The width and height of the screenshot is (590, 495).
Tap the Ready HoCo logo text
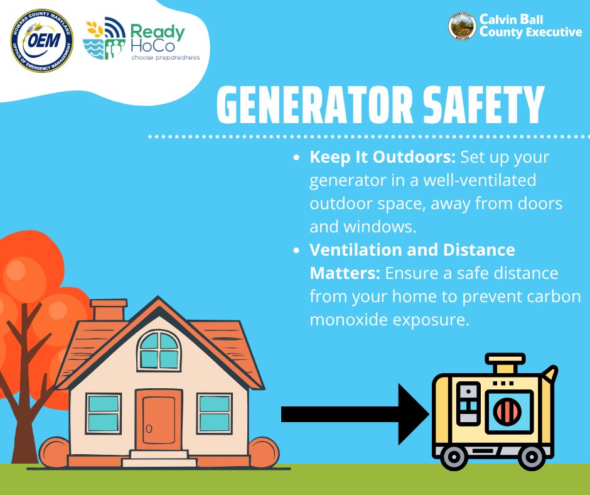(x=157, y=40)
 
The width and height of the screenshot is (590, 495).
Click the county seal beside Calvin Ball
(x=461, y=26)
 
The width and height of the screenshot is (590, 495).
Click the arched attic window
(x=159, y=351)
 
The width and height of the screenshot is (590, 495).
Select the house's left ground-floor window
(x=104, y=412)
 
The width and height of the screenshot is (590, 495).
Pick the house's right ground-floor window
(x=215, y=412)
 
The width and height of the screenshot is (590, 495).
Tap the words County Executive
(x=530, y=32)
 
